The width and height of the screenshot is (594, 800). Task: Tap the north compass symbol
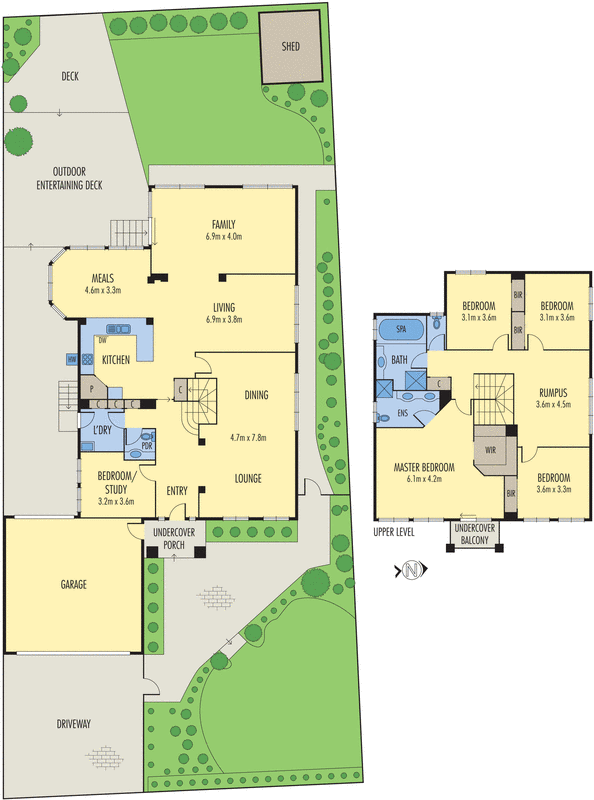(411, 571)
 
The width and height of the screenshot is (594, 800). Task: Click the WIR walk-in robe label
(491, 449)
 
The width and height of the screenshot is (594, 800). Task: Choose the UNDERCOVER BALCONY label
(476, 534)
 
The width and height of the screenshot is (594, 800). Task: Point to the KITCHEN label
(116, 359)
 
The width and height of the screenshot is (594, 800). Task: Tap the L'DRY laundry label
(102, 430)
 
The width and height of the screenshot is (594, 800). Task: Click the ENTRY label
(178, 489)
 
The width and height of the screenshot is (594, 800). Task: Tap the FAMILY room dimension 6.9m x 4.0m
(223, 236)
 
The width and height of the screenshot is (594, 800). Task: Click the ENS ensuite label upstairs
(403, 410)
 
